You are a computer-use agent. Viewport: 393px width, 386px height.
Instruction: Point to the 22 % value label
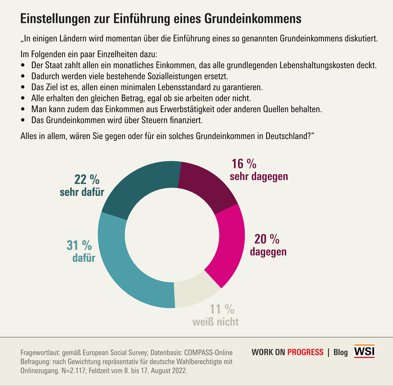(86, 180)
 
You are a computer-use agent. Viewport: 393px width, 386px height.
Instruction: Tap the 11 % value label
(222, 309)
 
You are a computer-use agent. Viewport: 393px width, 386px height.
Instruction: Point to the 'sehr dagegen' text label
(259, 176)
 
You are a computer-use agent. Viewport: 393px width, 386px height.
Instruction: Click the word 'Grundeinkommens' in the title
(253, 19)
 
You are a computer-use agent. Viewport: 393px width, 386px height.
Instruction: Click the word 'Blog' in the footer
(340, 352)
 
